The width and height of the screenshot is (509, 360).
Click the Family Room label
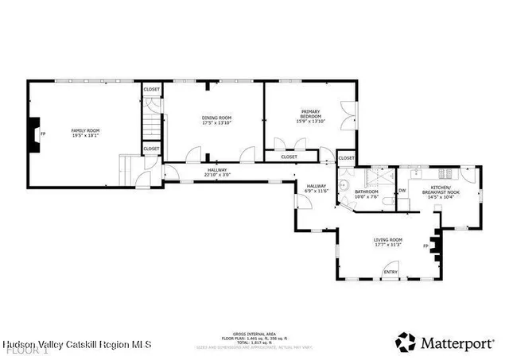[x=86, y=130]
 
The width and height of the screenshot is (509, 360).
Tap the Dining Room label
[x=216, y=118]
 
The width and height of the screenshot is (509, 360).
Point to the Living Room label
[x=388, y=240]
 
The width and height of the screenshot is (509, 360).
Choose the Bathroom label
[x=366, y=192]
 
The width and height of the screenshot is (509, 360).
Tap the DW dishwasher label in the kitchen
[x=402, y=191]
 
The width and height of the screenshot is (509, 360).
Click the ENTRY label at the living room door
[x=390, y=273]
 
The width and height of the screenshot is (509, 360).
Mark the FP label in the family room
[x=44, y=134]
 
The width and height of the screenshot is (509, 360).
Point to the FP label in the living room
[x=425, y=246]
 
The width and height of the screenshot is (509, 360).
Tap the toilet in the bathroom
[x=385, y=203]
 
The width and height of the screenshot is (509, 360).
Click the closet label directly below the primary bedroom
[x=289, y=157]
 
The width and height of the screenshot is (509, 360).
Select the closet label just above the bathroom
[x=347, y=158]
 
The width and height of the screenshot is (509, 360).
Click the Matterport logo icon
[x=406, y=342]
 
